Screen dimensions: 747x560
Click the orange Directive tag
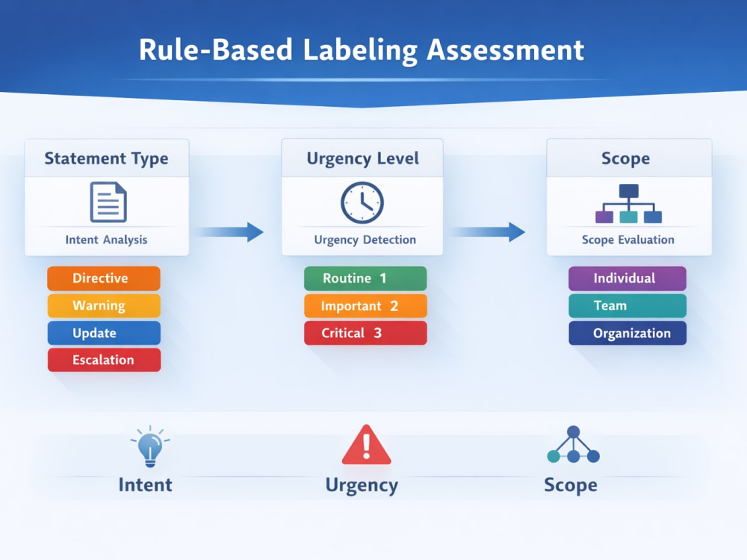[104, 278]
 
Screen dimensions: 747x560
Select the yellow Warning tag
[104, 305]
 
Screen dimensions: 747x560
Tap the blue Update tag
[104, 333]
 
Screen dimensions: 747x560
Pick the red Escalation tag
[104, 360]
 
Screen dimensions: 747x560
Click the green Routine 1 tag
[365, 278]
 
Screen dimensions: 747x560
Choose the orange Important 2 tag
[365, 305]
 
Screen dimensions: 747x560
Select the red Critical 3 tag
[365, 333]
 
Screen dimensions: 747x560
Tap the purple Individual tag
[627, 278]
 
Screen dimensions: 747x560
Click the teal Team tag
[627, 305]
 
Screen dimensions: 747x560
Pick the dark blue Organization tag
[627, 333]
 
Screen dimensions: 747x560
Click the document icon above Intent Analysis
[108, 203]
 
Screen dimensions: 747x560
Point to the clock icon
[362, 203]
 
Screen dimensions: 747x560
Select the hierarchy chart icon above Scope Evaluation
[628, 203]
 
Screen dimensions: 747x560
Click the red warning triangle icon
[366, 445]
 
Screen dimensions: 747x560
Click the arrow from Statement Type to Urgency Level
[230, 233]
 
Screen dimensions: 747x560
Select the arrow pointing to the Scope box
[489, 233]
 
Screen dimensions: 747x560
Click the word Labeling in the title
[360, 50]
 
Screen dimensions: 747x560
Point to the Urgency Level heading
[362, 159]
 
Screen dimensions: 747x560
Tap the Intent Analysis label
[106, 239]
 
